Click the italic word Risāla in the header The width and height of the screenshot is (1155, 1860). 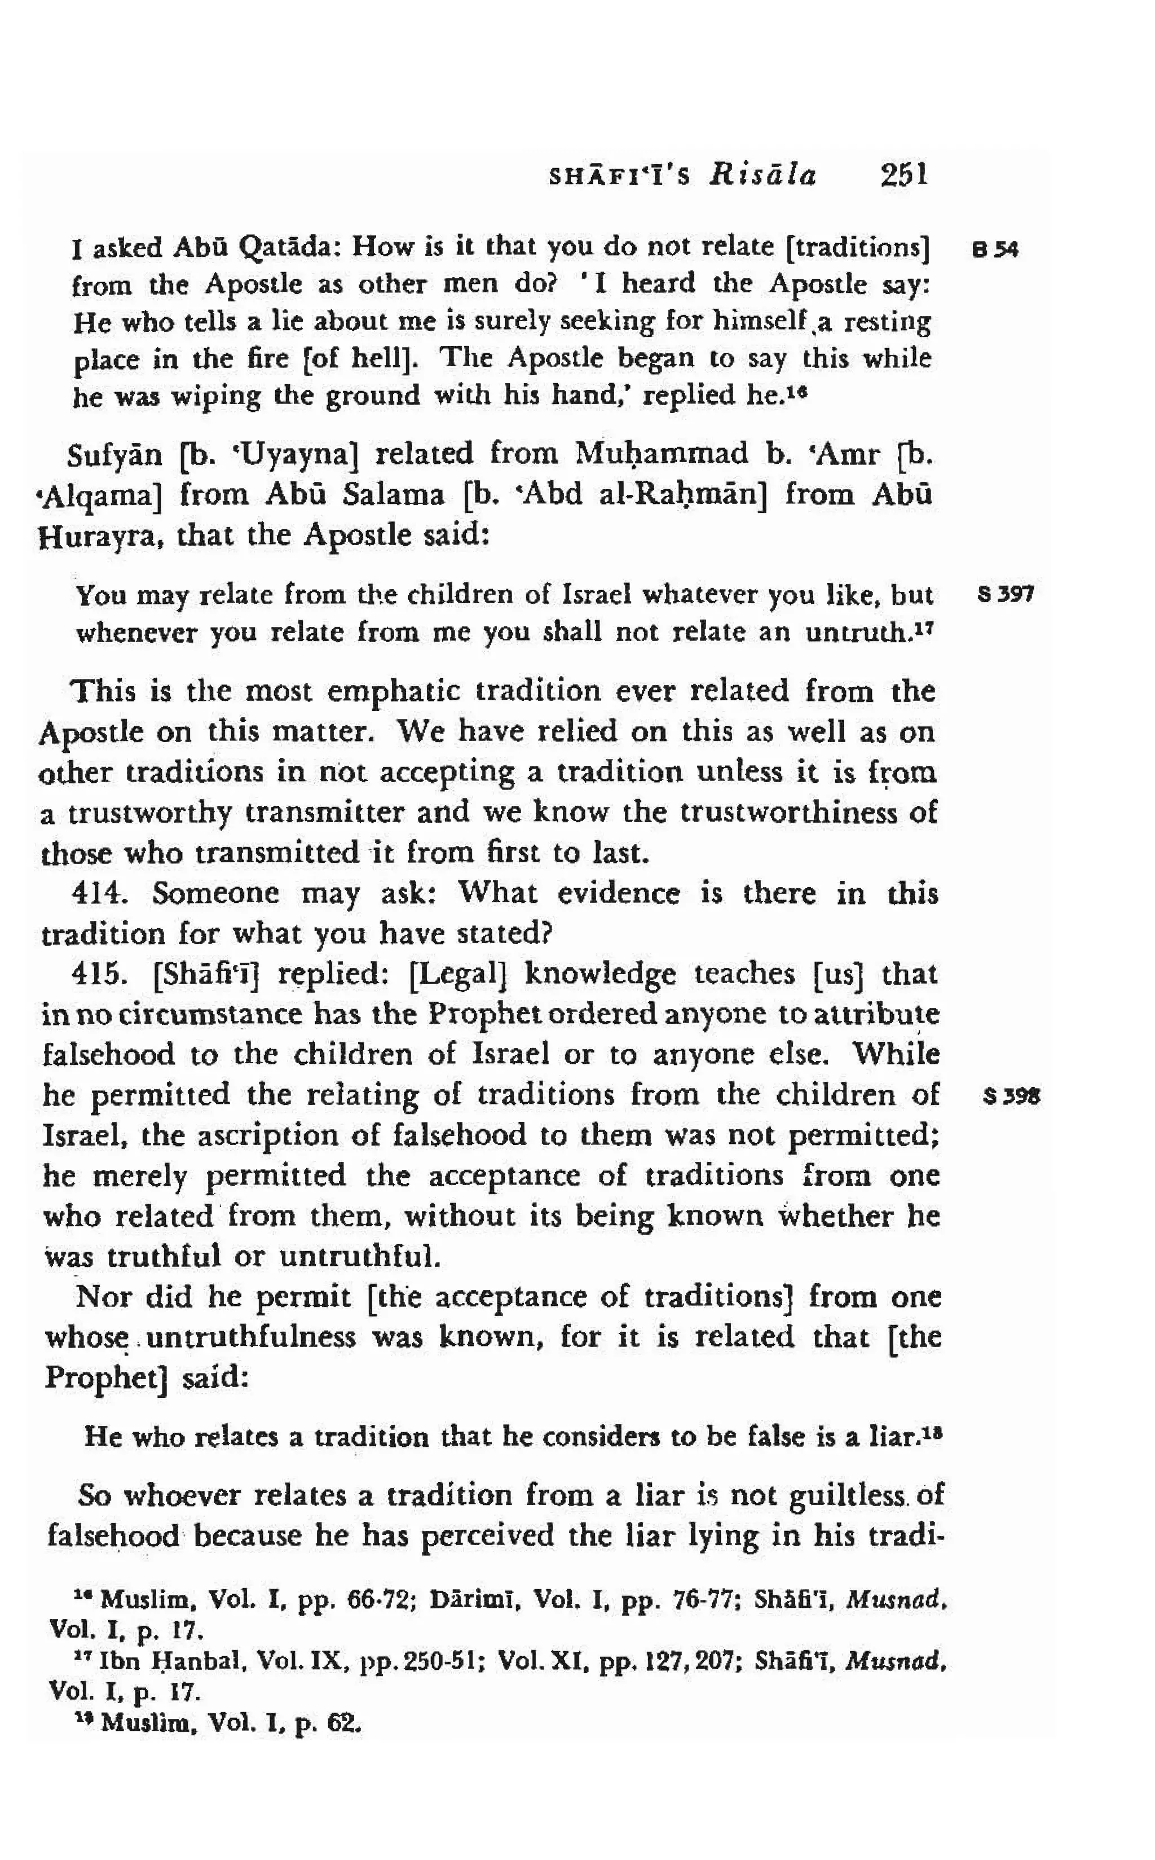tap(762, 177)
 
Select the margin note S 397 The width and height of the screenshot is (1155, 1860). tap(1006, 594)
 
